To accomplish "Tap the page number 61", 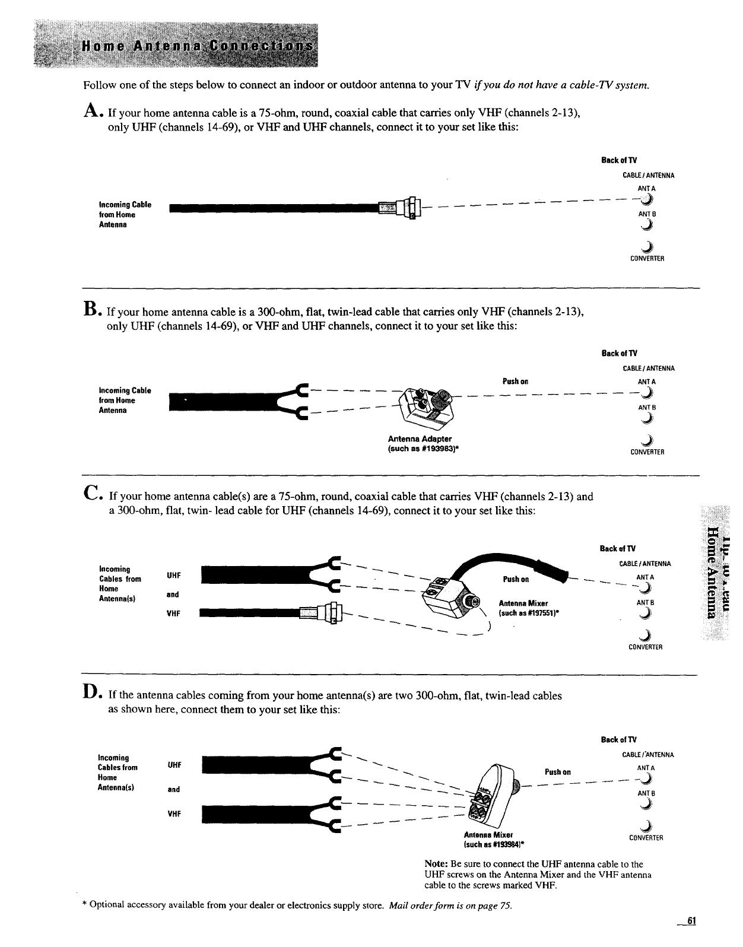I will (690, 921).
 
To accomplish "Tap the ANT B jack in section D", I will (646, 805).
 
